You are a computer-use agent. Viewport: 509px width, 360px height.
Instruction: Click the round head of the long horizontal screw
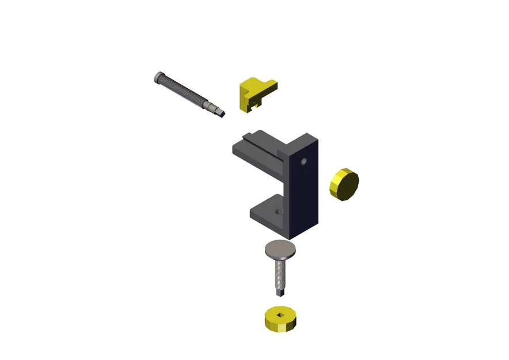tap(159, 77)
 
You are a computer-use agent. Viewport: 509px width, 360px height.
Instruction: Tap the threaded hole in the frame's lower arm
tap(280, 212)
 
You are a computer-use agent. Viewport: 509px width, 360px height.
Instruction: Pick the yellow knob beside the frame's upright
tap(344, 185)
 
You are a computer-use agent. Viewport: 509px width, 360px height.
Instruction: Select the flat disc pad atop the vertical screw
tap(280, 250)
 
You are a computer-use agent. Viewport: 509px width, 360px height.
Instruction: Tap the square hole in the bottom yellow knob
tap(280, 314)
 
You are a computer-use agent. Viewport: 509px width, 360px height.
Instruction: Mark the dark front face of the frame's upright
tap(303, 190)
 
